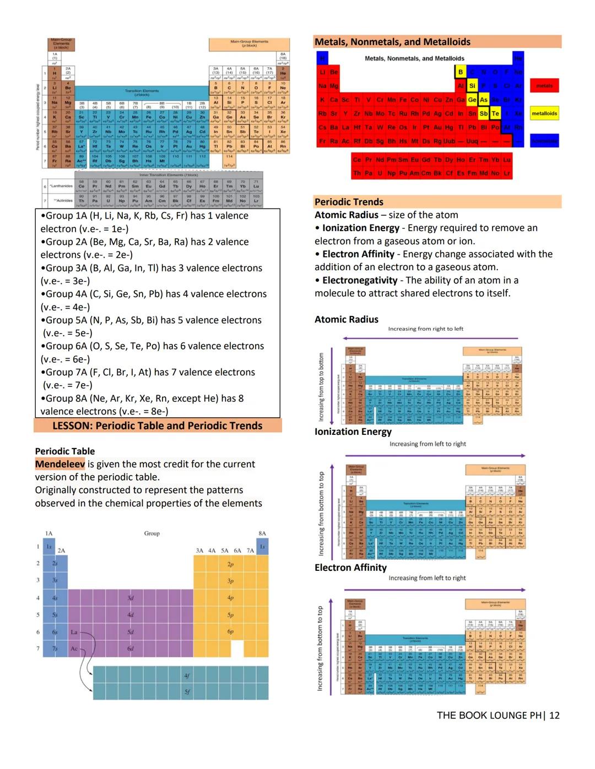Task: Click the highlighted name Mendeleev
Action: point(60,464)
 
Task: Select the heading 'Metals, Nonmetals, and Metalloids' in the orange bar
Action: point(392,42)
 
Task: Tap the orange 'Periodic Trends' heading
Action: point(349,202)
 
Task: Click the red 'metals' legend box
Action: point(544,86)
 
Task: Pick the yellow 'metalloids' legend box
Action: point(544,113)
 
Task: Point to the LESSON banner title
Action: point(158,426)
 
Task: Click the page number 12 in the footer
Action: point(554,715)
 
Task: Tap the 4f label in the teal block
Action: point(187,675)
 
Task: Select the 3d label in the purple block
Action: point(131,598)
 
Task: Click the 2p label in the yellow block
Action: point(230,564)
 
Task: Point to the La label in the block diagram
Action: point(74,632)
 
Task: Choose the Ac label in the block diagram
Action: point(74,649)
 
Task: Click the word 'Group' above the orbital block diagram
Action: point(152,533)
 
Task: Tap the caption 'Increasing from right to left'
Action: point(425,329)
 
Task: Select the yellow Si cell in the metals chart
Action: point(472,86)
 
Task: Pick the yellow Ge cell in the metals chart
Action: point(472,100)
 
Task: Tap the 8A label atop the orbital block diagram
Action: point(262,533)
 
